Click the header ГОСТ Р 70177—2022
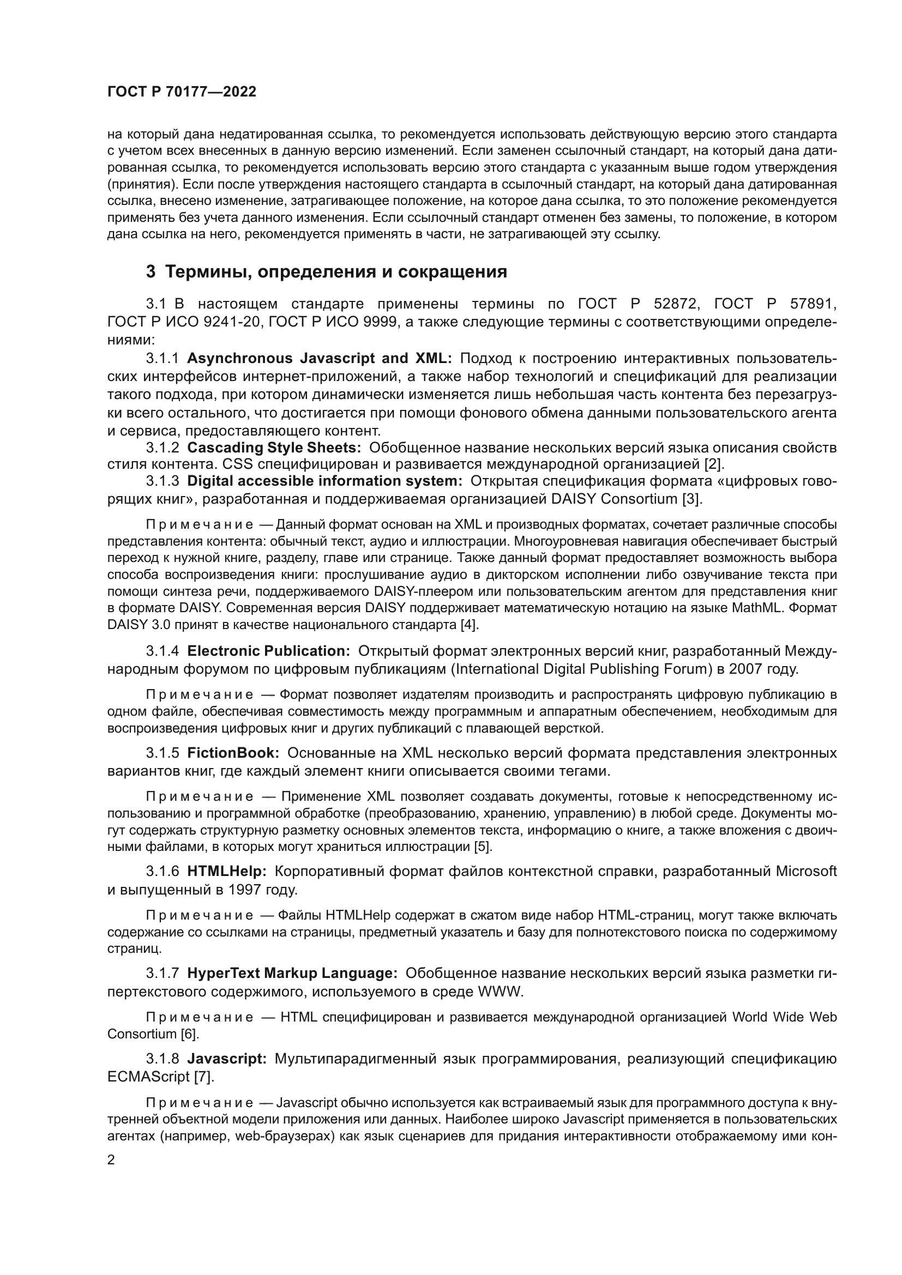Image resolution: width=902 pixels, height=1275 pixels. click(x=182, y=92)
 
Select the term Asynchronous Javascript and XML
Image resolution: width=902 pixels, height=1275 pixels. click(x=320, y=358)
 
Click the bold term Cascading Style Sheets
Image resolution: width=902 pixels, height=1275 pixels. click(x=274, y=448)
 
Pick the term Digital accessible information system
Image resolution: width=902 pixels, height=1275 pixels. click(x=325, y=480)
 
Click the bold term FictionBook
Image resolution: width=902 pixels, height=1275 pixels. click(x=233, y=753)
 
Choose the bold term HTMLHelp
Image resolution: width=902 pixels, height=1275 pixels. click(x=227, y=871)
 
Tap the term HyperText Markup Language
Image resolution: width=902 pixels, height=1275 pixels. click(x=292, y=974)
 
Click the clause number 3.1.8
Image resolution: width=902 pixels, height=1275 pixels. click(x=162, y=1059)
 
